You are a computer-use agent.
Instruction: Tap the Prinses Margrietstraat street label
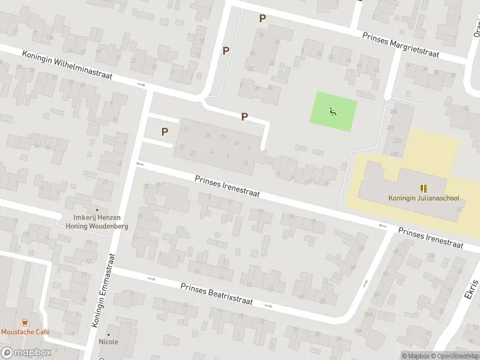pos(400,45)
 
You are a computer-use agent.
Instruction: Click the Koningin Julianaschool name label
pos(424,198)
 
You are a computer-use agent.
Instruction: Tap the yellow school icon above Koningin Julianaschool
pos(424,188)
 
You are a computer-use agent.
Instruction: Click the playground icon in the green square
pos(333,111)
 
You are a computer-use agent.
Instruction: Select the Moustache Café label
pos(25,332)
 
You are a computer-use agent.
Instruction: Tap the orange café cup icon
pos(25,322)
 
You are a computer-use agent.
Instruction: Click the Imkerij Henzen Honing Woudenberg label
pos(97,221)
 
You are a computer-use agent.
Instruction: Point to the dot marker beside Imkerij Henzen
pos(97,210)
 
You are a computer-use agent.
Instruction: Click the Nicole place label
pos(109,342)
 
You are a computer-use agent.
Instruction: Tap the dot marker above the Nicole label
pos(109,334)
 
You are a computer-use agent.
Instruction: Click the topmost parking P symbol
pos(262,19)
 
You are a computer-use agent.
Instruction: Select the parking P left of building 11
pos(164,131)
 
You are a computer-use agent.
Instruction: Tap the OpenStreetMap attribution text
pos(455,356)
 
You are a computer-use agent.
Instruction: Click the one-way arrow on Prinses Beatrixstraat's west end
pos(151,279)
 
